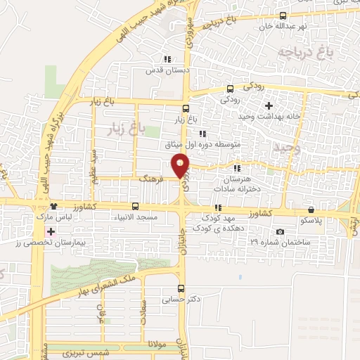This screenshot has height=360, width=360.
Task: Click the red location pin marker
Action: pos(181,165)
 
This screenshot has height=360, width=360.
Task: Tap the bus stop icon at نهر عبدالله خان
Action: pos(283,15)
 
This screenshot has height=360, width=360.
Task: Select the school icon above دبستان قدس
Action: pos(167,60)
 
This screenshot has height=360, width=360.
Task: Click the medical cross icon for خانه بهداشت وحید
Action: pos(269,105)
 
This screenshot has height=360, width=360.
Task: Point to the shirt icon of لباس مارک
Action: pos(53,206)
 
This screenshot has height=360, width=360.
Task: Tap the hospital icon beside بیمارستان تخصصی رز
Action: pos(49,231)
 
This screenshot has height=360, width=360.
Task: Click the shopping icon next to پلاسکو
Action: pos(311,209)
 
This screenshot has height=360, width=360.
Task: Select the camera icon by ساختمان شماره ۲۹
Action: pos(281,232)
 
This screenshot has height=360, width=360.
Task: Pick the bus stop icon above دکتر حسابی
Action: pos(181,288)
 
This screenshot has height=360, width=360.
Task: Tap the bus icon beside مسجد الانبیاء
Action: pos(135,207)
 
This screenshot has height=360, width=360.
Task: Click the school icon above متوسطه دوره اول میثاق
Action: pos(202,134)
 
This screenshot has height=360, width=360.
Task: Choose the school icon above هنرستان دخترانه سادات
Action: pos(237,168)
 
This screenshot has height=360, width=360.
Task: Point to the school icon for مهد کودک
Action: pos(218,208)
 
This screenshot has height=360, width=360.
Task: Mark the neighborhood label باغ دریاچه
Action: pos(303,52)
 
